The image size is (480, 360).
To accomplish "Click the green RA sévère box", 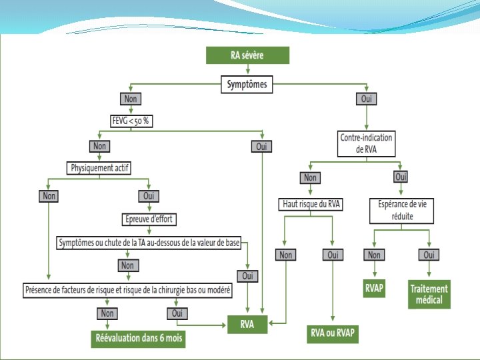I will pyautogui.click(x=247, y=55).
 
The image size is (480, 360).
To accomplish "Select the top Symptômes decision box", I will pyautogui.click(x=247, y=85).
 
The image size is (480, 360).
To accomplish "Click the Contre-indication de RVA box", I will pyautogui.click(x=367, y=143).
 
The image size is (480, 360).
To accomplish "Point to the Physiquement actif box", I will pyautogui.click(x=100, y=168).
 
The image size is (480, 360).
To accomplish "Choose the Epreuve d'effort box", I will pyautogui.click(x=150, y=219).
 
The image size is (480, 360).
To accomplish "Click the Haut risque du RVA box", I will pyautogui.click(x=311, y=205).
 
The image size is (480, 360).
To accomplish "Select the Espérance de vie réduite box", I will pyautogui.click(x=402, y=211).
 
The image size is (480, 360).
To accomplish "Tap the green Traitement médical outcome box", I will pyautogui.click(x=429, y=295).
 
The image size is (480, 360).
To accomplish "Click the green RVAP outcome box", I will pyautogui.click(x=374, y=289).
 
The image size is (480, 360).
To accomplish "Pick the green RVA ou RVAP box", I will pyautogui.click(x=333, y=333).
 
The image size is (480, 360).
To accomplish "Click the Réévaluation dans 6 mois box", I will pyautogui.click(x=138, y=339).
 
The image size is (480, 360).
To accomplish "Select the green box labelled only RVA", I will pyautogui.click(x=247, y=324).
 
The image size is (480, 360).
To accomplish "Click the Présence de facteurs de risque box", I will pyautogui.click(x=127, y=290).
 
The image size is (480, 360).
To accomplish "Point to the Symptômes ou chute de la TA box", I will pyautogui.click(x=149, y=243).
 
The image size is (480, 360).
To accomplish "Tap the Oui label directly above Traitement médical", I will pyautogui.click(x=429, y=255).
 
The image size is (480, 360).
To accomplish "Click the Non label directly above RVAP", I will pyautogui.click(x=374, y=255).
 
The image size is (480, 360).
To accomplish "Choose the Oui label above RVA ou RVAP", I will pyautogui.click(x=332, y=255).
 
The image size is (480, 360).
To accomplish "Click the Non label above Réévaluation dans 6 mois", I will pyautogui.click(x=106, y=313).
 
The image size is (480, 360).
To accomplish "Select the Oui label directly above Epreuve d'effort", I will pyautogui.click(x=148, y=196).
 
